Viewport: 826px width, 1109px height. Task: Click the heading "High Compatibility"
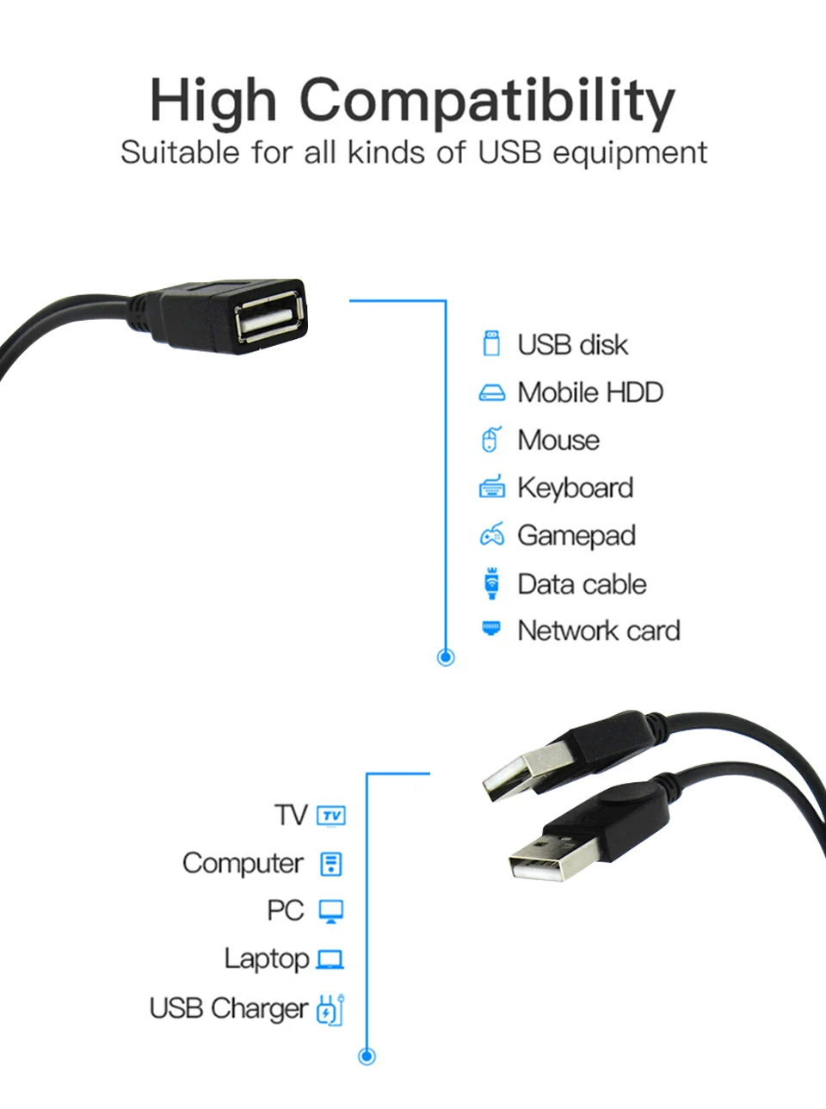pos(412,101)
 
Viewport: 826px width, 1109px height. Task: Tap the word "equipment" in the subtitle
pos(630,153)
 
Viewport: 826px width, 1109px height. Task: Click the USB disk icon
pos(491,343)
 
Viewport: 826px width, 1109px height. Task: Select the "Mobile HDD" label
pos(590,392)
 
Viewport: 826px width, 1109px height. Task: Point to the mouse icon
pos(490,440)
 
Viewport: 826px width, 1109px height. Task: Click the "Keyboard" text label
pos(575,488)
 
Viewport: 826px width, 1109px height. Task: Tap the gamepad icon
pos(491,535)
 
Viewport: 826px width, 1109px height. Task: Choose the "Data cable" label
pos(582,584)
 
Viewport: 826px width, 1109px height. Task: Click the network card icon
pos(491,628)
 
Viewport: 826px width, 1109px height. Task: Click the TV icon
pos(331,816)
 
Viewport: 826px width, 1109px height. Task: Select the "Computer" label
pos(243,863)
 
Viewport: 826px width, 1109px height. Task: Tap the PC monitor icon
pos(331,911)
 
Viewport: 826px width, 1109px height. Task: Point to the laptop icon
pos(330,959)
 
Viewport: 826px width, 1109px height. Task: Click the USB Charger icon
pos(330,1009)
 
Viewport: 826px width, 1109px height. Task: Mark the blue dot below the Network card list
pos(446,657)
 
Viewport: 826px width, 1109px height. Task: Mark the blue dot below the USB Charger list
pos(367,1056)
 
